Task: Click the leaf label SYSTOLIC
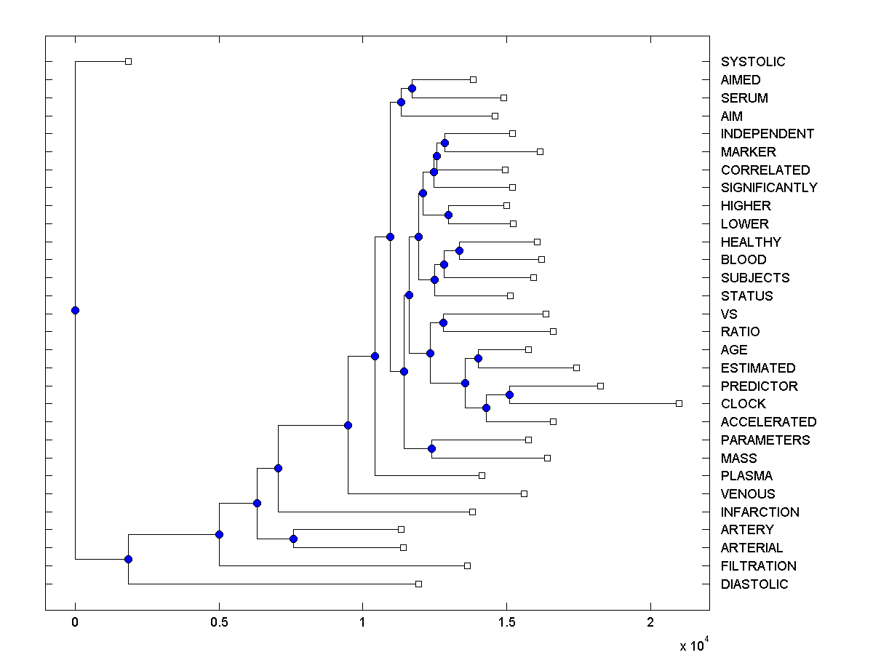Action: tap(753, 62)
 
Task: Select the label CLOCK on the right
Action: tap(743, 404)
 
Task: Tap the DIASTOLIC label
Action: tap(754, 584)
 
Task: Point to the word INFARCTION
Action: tap(760, 512)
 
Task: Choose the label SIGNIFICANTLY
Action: tap(769, 188)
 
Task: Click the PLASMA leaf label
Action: tap(746, 476)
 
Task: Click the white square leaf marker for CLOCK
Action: tap(679, 403)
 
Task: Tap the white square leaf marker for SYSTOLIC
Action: tap(128, 61)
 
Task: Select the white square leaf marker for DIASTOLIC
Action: tap(418, 584)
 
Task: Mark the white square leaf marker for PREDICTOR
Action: tap(600, 386)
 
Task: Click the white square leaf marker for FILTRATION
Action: tap(467, 565)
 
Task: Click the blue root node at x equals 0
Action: tap(75, 310)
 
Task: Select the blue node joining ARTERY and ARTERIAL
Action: tap(293, 539)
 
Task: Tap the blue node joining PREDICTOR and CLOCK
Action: tap(509, 394)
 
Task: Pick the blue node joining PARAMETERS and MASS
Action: tap(431, 448)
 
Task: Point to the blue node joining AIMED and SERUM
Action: tap(412, 88)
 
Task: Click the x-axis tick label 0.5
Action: tap(219, 622)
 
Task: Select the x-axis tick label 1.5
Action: tap(507, 622)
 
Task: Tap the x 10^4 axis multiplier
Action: tap(693, 644)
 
